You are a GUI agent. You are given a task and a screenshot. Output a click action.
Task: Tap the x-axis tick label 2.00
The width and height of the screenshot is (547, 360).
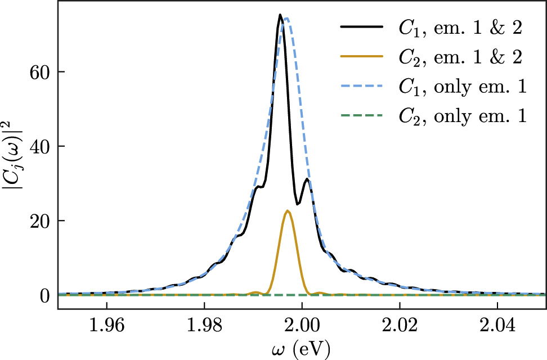click(x=302, y=325)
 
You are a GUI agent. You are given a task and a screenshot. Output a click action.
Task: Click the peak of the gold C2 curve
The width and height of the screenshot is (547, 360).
click(x=288, y=211)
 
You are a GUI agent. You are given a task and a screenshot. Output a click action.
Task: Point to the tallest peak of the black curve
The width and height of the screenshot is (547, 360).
click(x=280, y=15)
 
